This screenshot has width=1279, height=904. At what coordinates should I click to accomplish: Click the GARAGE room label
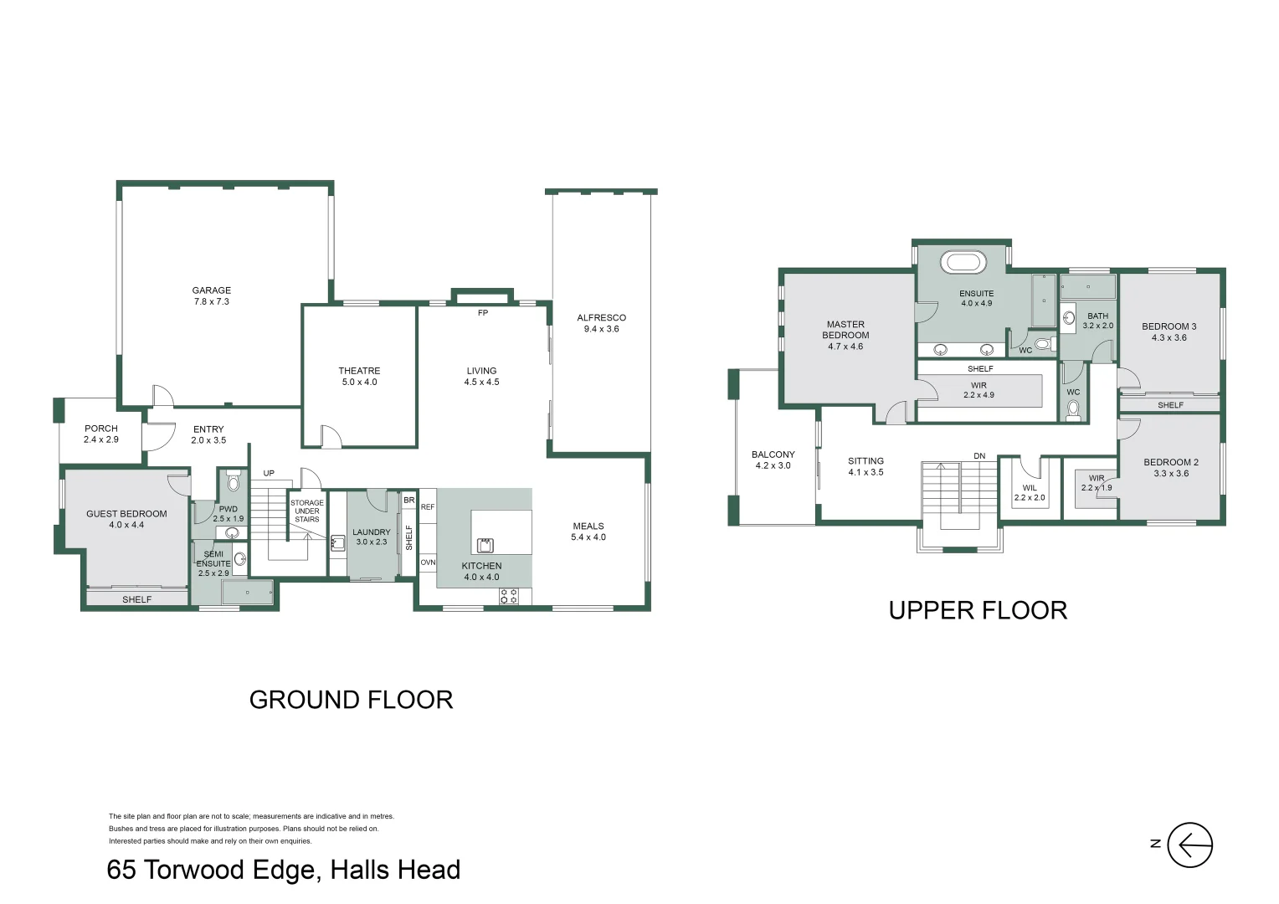(211, 290)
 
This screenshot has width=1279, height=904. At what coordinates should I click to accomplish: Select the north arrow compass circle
(1190, 845)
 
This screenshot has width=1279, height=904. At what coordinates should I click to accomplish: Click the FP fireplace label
(483, 313)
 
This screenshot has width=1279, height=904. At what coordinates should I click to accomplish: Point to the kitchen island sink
(485, 545)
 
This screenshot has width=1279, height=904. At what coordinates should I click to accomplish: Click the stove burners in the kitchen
(509, 596)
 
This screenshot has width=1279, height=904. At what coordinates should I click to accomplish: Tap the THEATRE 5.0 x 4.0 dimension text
(360, 382)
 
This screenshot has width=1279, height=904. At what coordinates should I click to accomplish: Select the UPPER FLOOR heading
(978, 610)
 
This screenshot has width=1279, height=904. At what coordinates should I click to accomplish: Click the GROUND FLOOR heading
(352, 700)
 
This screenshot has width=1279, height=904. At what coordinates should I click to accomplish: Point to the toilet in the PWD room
(233, 480)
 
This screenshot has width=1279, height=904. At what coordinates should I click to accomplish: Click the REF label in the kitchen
(428, 507)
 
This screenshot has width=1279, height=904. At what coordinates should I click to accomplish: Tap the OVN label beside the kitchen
(428, 562)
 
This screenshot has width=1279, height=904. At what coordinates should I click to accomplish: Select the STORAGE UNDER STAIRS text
(307, 511)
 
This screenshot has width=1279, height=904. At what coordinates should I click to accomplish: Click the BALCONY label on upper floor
(773, 455)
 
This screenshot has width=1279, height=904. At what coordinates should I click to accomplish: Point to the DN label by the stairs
(979, 455)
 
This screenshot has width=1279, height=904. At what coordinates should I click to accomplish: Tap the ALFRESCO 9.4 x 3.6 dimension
(601, 329)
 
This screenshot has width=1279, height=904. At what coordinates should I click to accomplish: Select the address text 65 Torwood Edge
(211, 871)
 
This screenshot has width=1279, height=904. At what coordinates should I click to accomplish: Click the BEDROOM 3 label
(1169, 326)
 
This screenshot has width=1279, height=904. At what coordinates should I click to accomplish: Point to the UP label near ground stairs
(269, 474)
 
